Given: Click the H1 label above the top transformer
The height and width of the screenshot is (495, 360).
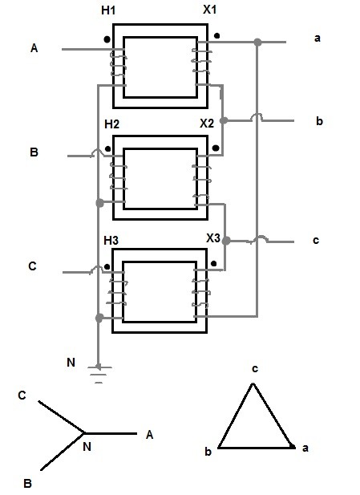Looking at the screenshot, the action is (108, 10).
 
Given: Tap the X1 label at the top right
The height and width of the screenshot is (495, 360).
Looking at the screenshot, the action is (209, 10).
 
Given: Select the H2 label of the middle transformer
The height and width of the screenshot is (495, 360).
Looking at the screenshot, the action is (111, 124).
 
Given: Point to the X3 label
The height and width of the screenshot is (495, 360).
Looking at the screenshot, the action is (213, 238).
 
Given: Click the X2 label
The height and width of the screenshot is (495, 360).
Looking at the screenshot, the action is (207, 124).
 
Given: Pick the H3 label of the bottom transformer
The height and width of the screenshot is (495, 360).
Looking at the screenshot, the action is (111, 241).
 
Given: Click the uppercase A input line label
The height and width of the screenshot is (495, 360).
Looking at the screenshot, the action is (34, 48).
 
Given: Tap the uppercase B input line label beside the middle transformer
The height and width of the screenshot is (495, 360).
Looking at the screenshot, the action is (34, 152).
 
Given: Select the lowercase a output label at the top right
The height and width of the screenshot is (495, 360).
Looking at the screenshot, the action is (318, 39).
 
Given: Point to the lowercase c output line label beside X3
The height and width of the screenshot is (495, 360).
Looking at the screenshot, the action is (316, 241).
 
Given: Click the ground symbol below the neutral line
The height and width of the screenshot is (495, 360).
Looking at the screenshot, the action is (99, 375).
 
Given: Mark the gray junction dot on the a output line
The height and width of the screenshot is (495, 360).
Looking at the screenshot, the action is (258, 42).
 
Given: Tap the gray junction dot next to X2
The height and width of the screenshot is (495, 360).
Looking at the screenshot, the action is (224, 120).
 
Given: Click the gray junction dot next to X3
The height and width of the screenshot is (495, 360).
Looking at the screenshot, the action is (226, 241).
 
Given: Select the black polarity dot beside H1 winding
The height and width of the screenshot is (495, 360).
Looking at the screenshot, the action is (107, 39).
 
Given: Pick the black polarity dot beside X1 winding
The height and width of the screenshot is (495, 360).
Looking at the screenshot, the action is (216, 35).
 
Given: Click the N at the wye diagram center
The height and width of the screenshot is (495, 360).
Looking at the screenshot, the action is (87, 447).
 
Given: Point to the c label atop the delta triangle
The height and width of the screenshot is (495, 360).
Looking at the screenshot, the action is (255, 369).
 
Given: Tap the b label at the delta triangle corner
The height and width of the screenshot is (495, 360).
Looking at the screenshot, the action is (208, 452).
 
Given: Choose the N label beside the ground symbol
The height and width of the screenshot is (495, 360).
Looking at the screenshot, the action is (71, 363).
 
